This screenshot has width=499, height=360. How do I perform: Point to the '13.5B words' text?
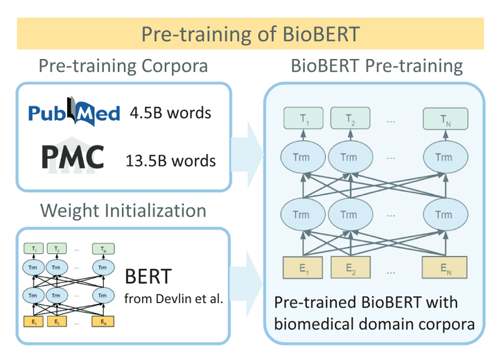(x=170, y=161)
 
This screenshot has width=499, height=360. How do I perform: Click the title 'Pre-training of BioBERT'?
(x=249, y=34)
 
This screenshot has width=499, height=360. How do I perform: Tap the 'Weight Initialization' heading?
(x=123, y=209)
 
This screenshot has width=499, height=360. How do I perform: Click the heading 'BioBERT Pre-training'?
(x=377, y=67)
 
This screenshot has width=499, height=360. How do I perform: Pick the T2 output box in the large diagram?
(x=351, y=119)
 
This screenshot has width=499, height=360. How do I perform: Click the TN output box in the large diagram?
(x=444, y=119)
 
